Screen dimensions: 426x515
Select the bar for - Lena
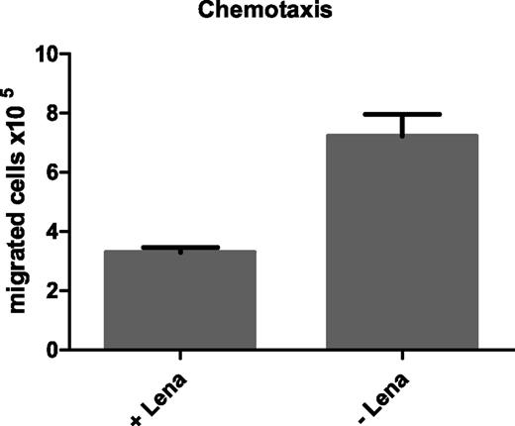(402, 242)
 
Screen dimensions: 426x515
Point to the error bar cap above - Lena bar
(402, 114)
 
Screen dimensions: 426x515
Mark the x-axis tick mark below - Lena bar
(402, 356)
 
